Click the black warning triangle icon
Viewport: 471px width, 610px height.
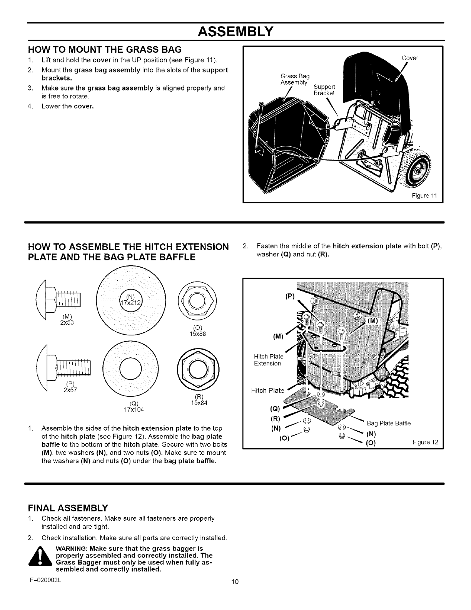pos(40,558)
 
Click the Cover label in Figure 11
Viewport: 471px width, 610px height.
pos(410,58)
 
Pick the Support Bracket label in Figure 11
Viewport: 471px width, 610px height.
pos(324,89)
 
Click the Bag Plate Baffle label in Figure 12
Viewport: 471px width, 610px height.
pos(389,424)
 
